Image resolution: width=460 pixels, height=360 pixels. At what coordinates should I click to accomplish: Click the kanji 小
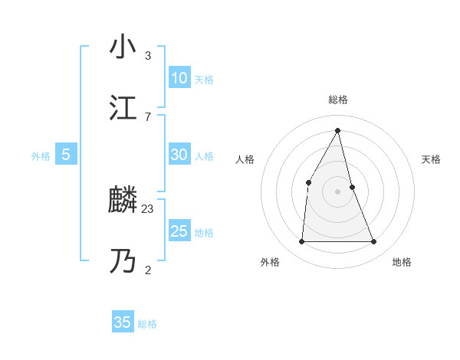point(123,47)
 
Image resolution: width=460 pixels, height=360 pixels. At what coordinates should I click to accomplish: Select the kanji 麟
point(123,201)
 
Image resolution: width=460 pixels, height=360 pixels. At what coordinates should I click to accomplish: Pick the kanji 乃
point(123,261)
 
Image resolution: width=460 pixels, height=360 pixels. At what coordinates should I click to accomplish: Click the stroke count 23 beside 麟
point(148,208)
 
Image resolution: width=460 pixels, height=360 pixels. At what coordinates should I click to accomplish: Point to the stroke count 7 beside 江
point(148,116)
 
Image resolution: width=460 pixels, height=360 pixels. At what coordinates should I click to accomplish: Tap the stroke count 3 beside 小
point(148,56)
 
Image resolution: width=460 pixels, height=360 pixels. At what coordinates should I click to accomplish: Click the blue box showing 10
point(179,78)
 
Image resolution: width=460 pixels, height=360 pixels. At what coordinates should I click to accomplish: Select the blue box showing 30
point(179,155)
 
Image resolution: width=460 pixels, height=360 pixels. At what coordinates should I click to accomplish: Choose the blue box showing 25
point(179,231)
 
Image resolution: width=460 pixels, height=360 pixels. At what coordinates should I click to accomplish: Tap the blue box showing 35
point(123,322)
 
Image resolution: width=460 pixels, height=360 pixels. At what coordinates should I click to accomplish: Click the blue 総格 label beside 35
point(147,324)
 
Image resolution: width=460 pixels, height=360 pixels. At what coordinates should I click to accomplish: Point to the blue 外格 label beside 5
point(41,156)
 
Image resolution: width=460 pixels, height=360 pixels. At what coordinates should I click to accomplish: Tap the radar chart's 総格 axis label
point(338,100)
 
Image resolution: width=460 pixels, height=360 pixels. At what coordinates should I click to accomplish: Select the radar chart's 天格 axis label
point(431,159)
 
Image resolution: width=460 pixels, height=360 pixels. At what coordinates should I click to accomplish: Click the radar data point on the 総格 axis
point(338,129)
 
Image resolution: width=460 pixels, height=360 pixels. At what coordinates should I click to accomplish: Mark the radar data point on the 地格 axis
point(374,242)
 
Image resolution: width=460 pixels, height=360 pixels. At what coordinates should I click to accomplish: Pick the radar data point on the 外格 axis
point(301,242)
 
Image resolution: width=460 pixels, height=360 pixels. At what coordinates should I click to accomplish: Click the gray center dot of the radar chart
point(338,191)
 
